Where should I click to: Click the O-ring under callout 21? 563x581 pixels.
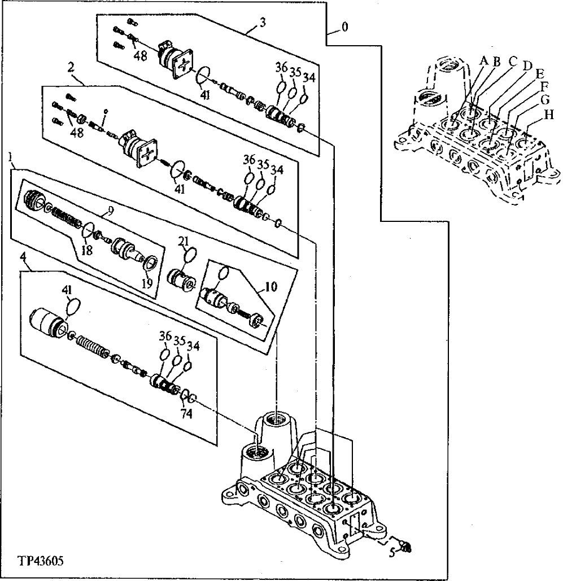click(190, 255)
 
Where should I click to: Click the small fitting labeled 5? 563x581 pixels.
click(405, 545)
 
